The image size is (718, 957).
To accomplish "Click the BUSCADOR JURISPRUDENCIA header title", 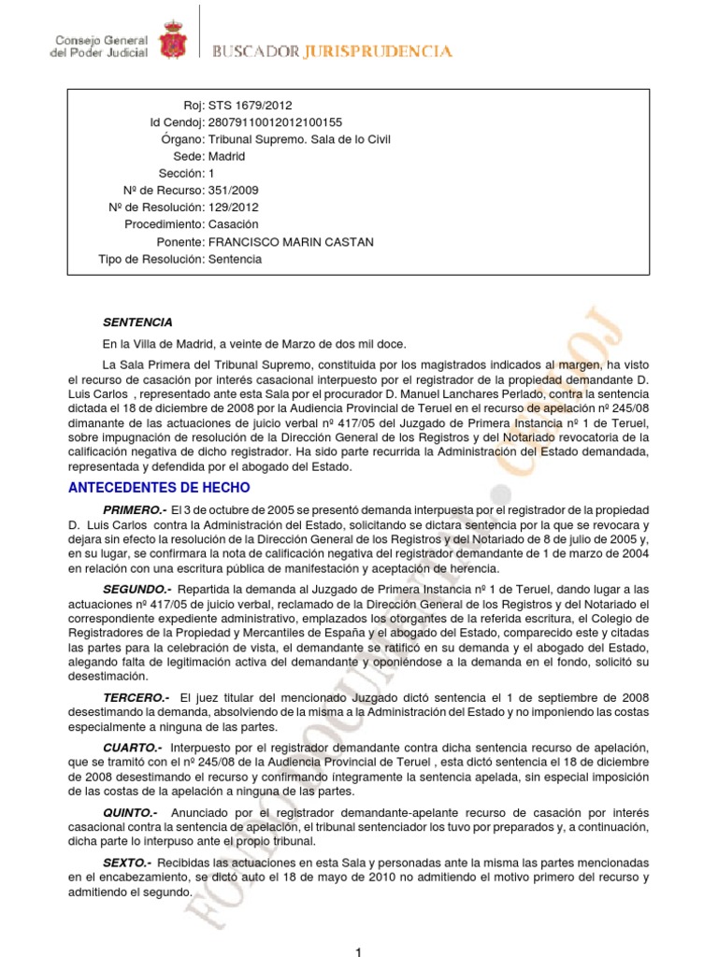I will (333, 51).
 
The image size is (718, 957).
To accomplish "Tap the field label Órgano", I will (182, 139).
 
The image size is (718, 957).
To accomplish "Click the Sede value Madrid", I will (228, 157).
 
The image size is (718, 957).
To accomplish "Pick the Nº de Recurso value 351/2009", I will (234, 191).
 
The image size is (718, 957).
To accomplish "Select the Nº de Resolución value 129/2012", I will (234, 207).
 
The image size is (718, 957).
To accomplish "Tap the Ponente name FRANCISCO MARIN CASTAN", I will (291, 242).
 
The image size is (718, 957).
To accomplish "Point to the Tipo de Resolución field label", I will (151, 259).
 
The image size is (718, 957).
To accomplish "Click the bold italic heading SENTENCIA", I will (137, 322).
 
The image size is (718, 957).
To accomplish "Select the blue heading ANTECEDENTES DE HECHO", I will (160, 488).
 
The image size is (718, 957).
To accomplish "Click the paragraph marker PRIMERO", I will (135, 510).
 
